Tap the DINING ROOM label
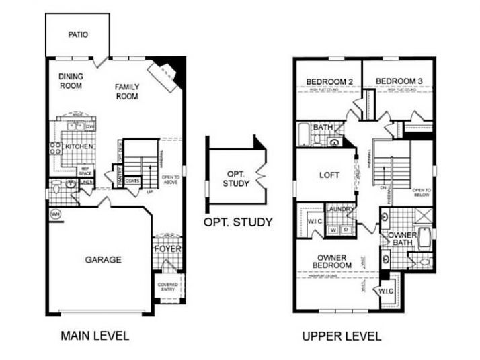coord(71,81)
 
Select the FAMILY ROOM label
coord(126,91)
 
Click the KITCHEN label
coord(79,146)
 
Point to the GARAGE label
coord(103,259)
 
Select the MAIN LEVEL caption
coord(95,335)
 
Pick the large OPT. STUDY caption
coord(239,222)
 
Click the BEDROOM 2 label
coord(329,82)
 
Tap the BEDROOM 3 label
coord(399,82)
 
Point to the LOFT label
coord(328,175)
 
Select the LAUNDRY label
coord(340,209)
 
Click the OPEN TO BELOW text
coord(421,192)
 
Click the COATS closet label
coord(132,180)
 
